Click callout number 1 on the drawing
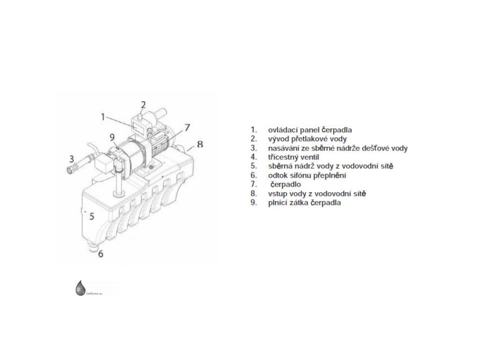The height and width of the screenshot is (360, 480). (103, 116)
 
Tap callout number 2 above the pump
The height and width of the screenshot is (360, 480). (143, 104)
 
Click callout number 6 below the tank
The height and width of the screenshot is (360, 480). (101, 255)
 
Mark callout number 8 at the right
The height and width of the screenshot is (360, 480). (200, 144)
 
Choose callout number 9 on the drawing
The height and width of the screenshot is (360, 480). (112, 137)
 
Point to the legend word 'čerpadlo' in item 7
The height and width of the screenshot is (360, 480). (286, 184)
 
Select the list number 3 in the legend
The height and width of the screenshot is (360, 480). (253, 148)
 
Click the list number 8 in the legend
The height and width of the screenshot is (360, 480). (253, 193)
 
